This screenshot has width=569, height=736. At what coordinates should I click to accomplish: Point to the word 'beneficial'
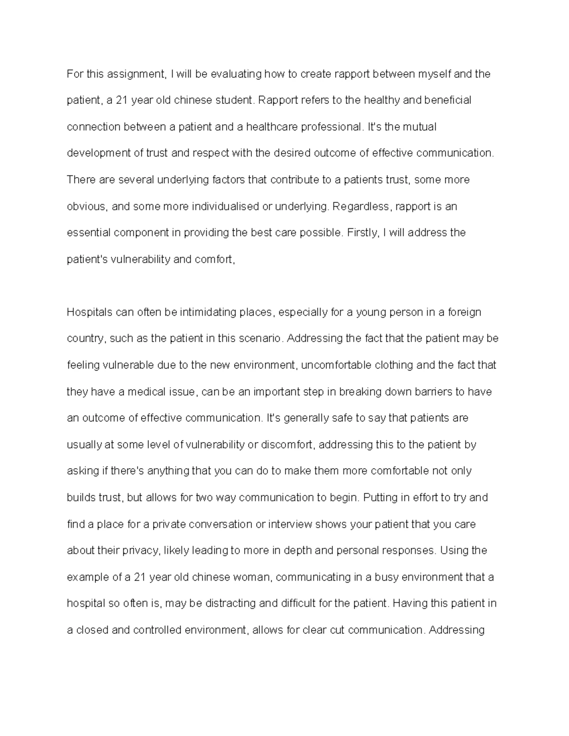(448, 101)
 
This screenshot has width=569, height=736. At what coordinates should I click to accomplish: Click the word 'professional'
(324, 127)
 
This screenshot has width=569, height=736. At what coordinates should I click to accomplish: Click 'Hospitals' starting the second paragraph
(90, 312)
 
